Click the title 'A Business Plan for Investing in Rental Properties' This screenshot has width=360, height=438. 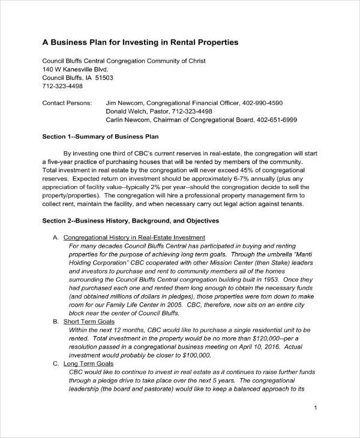[x=140, y=43]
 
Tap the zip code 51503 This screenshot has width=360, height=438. [x=104, y=77]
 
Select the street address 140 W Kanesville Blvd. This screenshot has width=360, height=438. [x=75, y=69]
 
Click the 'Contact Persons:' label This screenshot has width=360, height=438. [x=67, y=103]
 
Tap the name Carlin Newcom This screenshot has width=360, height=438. [x=128, y=119]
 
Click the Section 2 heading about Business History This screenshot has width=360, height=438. [x=131, y=221]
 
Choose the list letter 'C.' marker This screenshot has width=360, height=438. [x=56, y=364]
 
